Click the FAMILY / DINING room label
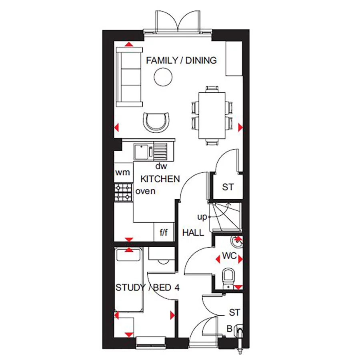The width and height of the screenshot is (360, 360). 181,60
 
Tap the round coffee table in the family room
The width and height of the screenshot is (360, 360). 163,77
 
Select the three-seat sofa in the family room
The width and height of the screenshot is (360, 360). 129,76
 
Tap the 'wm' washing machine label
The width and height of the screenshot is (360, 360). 122,173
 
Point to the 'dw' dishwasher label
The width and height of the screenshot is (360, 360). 161,166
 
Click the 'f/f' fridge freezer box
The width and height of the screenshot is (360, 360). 164,232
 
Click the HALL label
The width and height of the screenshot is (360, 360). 193,232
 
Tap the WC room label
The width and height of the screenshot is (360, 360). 229,255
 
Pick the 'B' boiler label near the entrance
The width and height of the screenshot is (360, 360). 229,329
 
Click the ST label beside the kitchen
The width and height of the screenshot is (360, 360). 228,187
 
